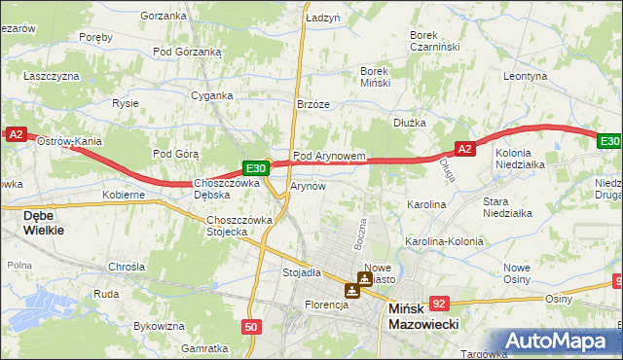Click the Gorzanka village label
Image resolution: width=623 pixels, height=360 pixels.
coord(163,16)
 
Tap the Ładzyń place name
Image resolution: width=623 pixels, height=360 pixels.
coord(322,18)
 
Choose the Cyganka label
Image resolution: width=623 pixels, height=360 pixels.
coord(211,95)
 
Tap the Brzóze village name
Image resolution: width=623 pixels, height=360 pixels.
coord(313,104)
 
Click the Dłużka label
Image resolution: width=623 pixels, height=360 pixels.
coord(411,123)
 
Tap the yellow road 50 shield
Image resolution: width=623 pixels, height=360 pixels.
coord(251,328)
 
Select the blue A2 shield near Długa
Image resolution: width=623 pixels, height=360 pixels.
coord(464,149)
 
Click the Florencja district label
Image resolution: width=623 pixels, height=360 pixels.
coord(325,305)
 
